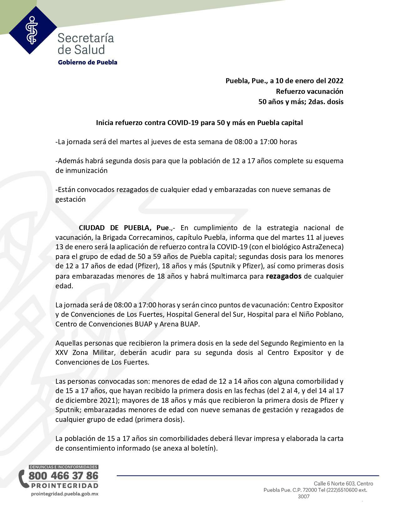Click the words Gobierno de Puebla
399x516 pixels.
pyautogui.click(x=88, y=62)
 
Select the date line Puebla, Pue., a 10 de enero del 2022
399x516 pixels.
pyautogui.click(x=284, y=81)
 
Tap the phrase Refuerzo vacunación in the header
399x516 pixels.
pyautogui.click(x=309, y=91)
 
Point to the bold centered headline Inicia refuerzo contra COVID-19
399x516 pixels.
pyautogui.click(x=199, y=123)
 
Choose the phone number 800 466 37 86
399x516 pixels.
pyautogui.click(x=63, y=476)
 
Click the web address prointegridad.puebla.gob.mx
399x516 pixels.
pyautogui.click(x=65, y=494)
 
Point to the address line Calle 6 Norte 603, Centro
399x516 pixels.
pyautogui.click(x=343, y=483)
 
